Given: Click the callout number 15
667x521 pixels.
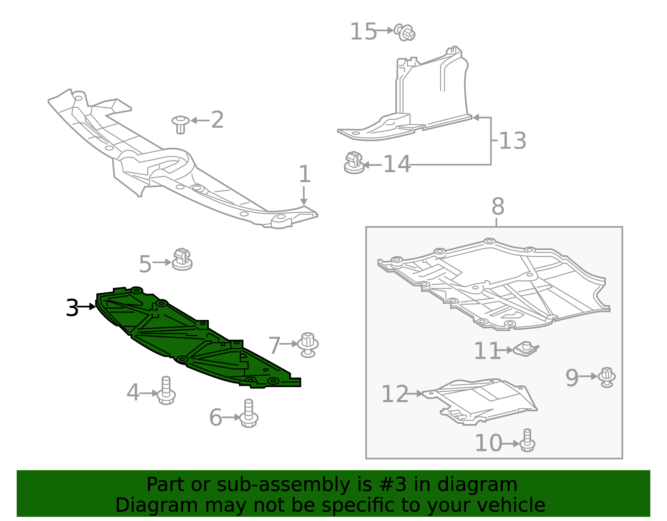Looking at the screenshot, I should (363, 32).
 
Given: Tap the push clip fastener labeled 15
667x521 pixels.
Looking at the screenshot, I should (405, 32).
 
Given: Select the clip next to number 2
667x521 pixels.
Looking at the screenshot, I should (180, 124).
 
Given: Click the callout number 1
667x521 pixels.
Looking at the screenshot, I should (305, 174).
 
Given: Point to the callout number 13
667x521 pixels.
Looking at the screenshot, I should (512, 141).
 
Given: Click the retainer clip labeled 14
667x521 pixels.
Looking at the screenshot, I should (354, 163).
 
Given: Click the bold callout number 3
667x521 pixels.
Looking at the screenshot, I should (72, 308).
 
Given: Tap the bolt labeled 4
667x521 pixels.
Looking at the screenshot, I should (166, 390).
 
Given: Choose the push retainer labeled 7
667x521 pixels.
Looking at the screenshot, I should (308, 345).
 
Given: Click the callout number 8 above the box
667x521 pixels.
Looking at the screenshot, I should (498, 206).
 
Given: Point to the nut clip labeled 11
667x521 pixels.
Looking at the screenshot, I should (526, 349).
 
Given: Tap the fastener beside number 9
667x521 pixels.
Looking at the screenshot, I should (607, 377).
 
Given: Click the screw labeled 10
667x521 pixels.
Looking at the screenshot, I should (527, 440).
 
